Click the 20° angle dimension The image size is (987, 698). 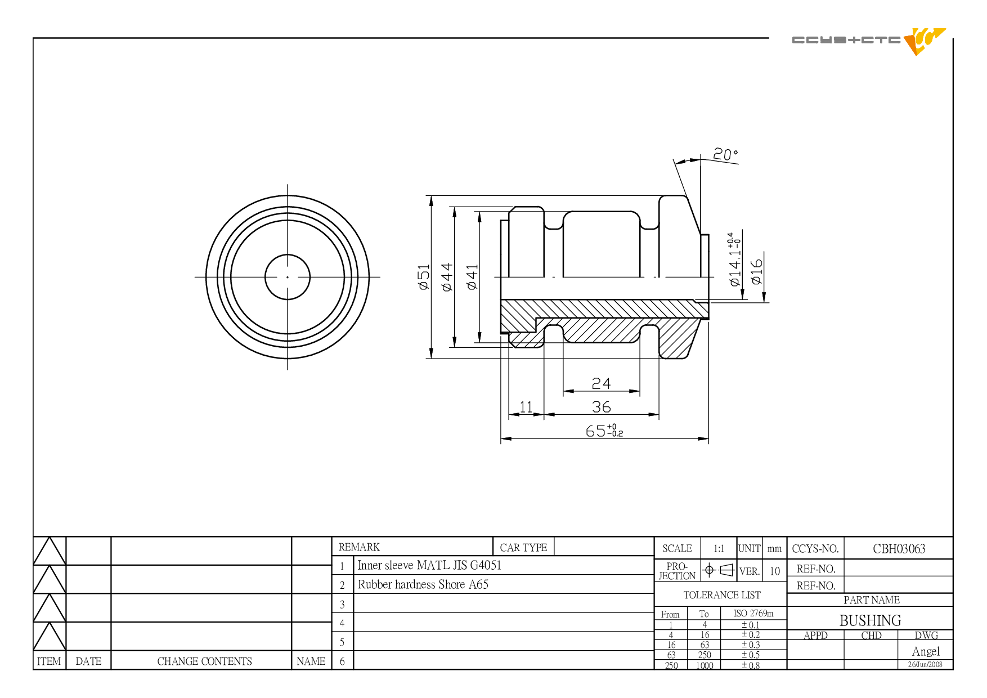(x=725, y=154)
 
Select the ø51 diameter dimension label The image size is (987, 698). (x=424, y=277)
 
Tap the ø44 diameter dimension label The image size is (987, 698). (x=447, y=277)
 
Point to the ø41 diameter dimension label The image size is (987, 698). (x=472, y=277)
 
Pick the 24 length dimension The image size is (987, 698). (x=601, y=383)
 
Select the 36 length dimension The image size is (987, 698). (x=601, y=406)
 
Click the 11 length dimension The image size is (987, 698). (x=526, y=406)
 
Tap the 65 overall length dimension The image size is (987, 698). (x=604, y=431)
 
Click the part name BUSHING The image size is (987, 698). (x=870, y=620)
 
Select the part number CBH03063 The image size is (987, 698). (x=899, y=549)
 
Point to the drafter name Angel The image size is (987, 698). (x=926, y=651)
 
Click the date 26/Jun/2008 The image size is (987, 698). (x=925, y=665)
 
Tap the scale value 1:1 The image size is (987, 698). (x=719, y=548)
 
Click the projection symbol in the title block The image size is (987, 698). (x=719, y=570)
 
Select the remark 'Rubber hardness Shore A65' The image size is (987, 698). (x=423, y=584)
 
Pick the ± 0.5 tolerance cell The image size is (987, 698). (x=751, y=655)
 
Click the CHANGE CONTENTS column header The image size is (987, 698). (x=204, y=661)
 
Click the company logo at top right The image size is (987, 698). (x=869, y=41)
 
